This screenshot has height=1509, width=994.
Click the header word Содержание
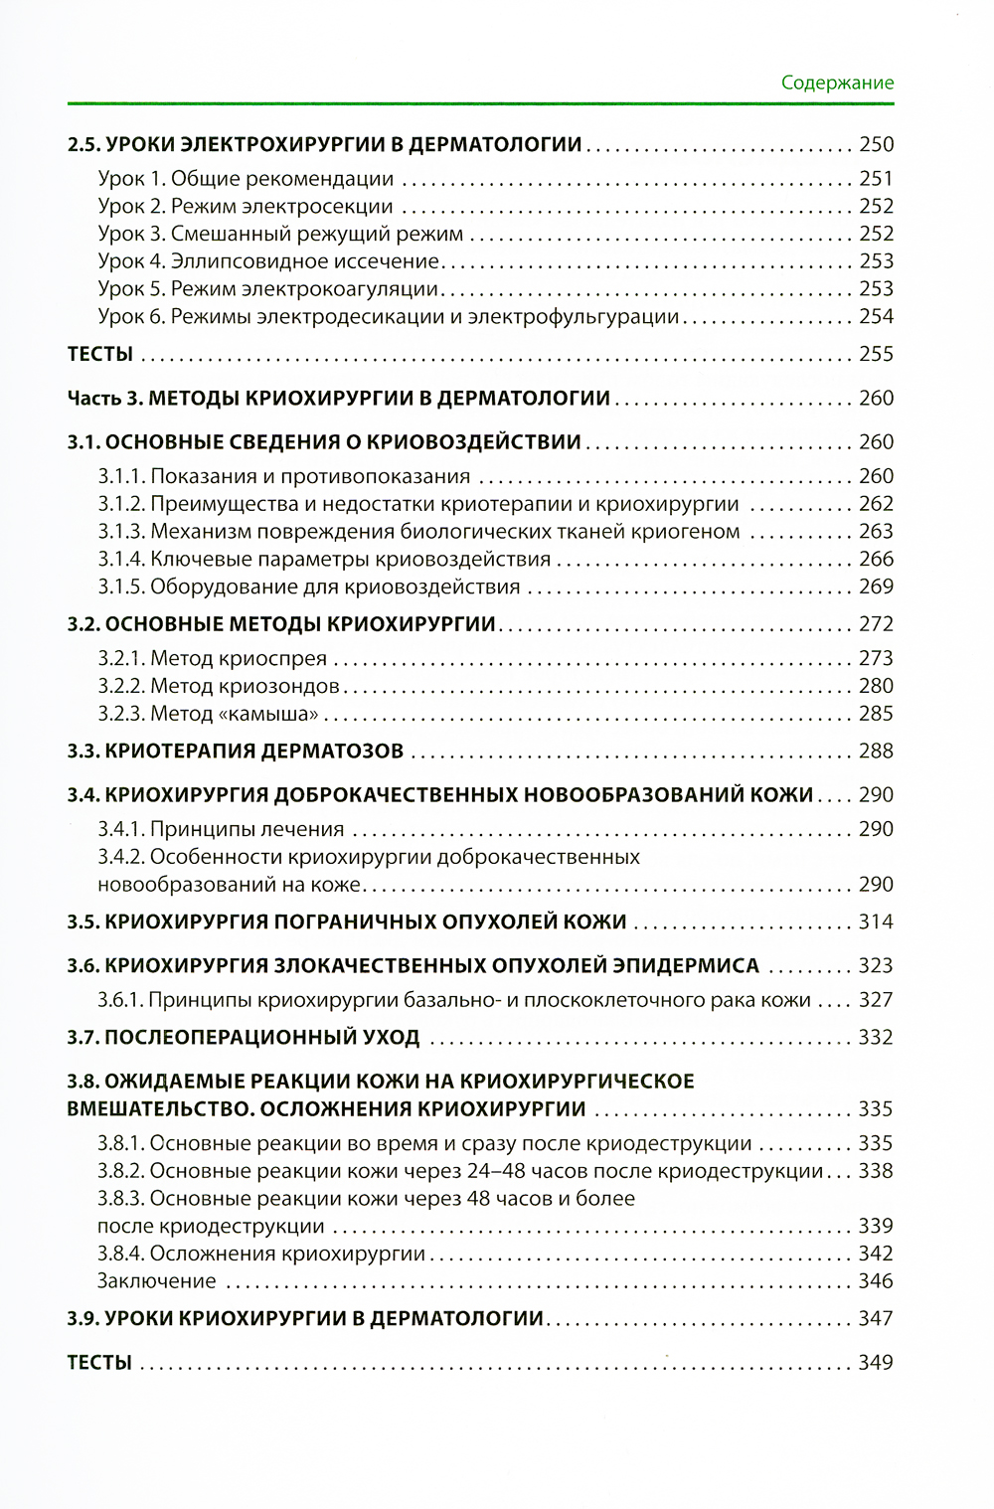837,83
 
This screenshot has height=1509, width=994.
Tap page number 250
876,144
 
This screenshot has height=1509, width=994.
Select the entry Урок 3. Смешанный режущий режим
280,234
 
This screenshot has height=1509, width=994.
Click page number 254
876,316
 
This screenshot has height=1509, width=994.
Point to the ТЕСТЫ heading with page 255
99,354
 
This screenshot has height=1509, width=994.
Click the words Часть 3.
104,398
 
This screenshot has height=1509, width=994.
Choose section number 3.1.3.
122,531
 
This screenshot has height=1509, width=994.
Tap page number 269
876,587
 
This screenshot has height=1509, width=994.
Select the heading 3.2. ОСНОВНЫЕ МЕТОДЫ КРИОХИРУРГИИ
281,624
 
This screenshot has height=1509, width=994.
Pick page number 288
876,751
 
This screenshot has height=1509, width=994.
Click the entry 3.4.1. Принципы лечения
221,829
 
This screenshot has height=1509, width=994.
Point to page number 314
876,922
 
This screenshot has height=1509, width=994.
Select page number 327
876,1000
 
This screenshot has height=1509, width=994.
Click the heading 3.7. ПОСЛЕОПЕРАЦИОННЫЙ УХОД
244,1037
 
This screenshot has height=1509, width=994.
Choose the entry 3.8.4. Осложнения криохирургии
261,1254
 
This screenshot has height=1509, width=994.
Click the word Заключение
156,1281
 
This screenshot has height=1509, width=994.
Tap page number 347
876,1318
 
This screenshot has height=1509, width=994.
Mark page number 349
876,1362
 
